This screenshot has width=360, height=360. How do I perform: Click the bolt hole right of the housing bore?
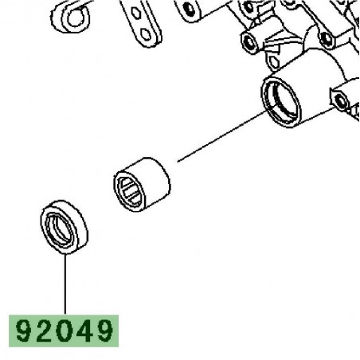[341, 101]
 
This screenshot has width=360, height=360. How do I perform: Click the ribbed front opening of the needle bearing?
[130, 189]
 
